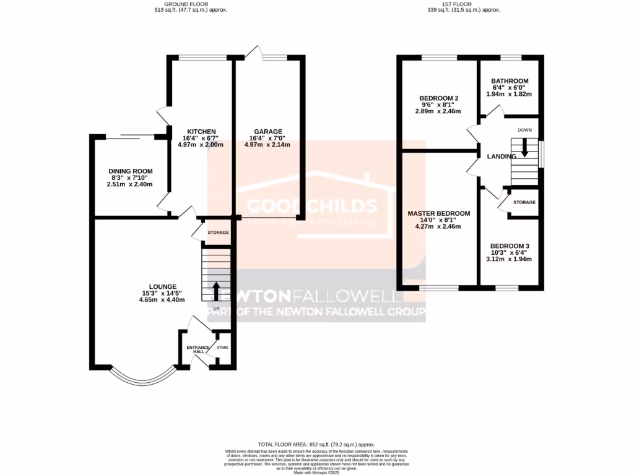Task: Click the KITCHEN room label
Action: tap(202, 132)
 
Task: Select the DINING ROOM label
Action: tap(130, 171)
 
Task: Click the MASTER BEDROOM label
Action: tap(438, 213)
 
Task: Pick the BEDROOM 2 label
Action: tap(438, 98)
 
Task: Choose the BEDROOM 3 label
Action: tap(509, 246)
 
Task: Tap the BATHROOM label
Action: tap(510, 81)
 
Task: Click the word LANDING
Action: tap(502, 157)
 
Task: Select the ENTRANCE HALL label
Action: tap(198, 350)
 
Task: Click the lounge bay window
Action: tap(142, 377)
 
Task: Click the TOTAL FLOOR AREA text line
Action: tap(316, 445)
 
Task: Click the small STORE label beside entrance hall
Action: tap(222, 348)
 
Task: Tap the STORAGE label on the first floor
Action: tap(524, 202)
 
